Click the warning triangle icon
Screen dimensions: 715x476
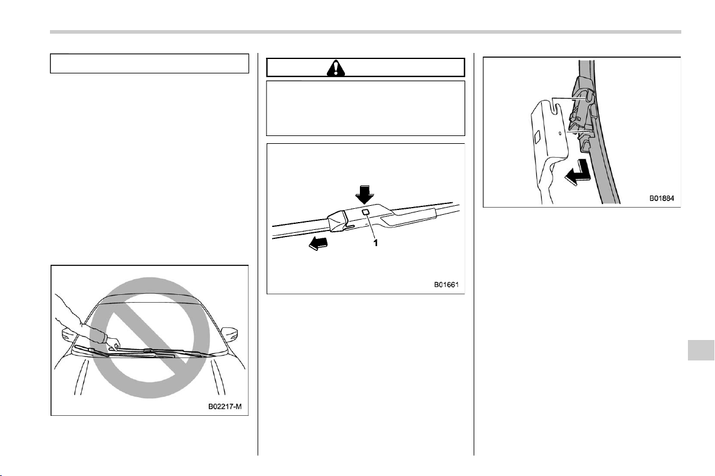pyautogui.click(x=336, y=68)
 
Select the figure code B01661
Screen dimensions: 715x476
pyautogui.click(x=447, y=285)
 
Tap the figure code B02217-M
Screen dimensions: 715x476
pyautogui.click(x=228, y=406)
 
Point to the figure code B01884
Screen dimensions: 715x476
pyautogui.click(x=661, y=199)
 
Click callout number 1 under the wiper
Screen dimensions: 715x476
pyautogui.click(x=376, y=243)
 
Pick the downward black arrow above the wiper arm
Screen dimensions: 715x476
pyautogui.click(x=364, y=194)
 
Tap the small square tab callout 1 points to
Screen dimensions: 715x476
pyautogui.click(x=366, y=212)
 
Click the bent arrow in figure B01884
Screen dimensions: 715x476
pyautogui.click(x=576, y=172)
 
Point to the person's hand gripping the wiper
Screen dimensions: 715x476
pyautogui.click(x=115, y=344)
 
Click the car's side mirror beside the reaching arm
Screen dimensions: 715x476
pyautogui.click(x=69, y=336)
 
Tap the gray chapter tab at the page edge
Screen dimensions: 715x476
pyautogui.click(x=701, y=350)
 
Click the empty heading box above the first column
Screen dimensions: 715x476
pyautogui.click(x=150, y=64)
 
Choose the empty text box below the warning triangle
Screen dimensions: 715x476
pyautogui.click(x=366, y=108)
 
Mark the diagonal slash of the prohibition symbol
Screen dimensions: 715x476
pyautogui.click(x=150, y=338)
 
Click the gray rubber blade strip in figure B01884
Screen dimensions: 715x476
pyautogui.click(x=602, y=137)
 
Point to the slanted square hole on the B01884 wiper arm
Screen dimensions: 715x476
pyautogui.click(x=536, y=136)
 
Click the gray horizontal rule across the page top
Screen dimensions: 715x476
pyautogui.click(x=365, y=32)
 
